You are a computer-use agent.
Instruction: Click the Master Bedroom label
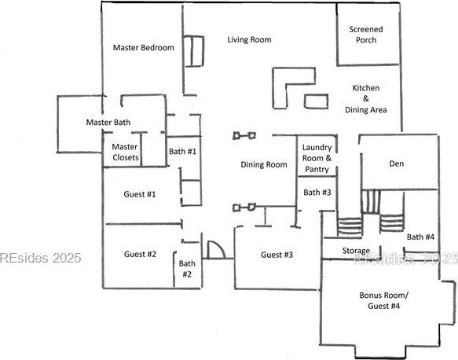coord(144,48)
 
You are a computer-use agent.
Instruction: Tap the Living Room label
coord(250,40)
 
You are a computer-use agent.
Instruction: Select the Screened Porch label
coord(366,35)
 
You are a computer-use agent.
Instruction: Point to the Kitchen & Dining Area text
coord(366,99)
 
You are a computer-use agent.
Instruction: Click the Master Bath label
coord(108,122)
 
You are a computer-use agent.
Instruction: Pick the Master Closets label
coord(126,152)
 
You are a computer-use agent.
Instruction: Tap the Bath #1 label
coord(182,152)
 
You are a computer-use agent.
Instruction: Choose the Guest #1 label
coord(140,194)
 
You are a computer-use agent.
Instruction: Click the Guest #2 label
coord(140,254)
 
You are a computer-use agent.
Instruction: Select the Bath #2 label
coord(187,269)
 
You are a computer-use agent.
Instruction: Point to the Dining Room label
coord(264,164)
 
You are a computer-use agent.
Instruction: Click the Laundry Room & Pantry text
coord(317,158)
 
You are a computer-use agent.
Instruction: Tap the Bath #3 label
coord(317,193)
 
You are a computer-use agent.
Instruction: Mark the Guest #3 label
coord(277,255)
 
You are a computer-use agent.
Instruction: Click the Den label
coord(397,163)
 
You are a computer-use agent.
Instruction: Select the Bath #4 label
coord(420,237)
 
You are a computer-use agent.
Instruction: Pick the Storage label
coord(356,251)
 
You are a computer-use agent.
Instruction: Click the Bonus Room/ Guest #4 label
coord(384,300)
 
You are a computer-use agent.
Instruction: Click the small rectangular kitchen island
coord(316,101)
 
